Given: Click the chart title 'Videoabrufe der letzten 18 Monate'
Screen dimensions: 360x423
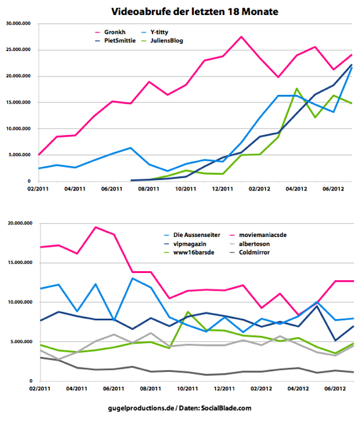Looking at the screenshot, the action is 194,12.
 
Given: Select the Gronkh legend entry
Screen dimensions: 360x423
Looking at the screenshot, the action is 111,32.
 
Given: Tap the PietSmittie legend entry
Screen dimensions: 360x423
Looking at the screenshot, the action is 115,41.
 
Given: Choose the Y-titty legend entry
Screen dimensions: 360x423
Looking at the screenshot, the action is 154,32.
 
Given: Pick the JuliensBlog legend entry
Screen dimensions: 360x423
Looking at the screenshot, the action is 162,41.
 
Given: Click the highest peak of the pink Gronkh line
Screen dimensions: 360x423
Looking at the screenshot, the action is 241,37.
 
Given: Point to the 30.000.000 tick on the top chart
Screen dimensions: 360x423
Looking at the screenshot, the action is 18,24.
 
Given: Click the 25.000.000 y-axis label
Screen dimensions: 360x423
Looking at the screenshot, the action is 18,50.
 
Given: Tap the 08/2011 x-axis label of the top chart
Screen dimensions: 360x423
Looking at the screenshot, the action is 149,189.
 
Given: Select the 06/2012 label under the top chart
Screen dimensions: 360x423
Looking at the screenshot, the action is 333,189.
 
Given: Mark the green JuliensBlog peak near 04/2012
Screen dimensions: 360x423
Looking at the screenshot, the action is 297,88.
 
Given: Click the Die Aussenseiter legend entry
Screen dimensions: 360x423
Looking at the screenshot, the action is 192,235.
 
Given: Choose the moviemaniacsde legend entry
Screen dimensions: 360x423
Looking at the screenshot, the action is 258,235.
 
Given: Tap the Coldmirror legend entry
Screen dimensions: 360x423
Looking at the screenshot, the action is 249,253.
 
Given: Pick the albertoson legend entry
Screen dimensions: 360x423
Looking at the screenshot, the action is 249,244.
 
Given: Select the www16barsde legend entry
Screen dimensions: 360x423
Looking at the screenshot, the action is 189,253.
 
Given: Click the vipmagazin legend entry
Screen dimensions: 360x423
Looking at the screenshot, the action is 185,244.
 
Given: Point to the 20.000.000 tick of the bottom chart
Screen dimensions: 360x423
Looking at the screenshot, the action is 20,223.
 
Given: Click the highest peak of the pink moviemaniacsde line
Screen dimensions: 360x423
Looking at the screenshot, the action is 96,227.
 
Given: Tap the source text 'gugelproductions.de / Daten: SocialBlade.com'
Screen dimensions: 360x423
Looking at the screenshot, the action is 179,408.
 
